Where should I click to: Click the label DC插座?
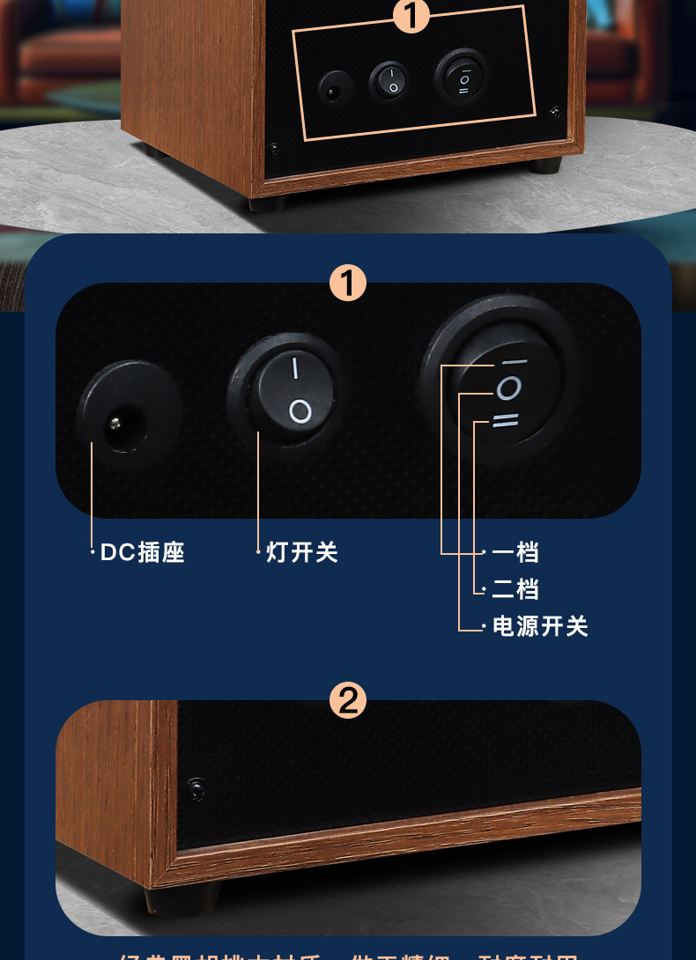coord(143,552)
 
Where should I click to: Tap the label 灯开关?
coord(302,552)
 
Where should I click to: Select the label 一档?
coord(515,552)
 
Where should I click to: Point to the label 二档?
coord(515,589)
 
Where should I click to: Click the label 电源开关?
coord(540,626)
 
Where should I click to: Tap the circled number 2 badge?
coord(347,701)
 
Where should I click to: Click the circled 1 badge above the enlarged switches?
coord(347,284)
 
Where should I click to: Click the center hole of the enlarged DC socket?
coord(115,424)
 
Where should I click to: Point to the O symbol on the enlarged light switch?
coord(300,410)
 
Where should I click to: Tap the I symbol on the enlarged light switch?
coord(295,366)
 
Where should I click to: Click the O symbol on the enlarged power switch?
coord(508,388)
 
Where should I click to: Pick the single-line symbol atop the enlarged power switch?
coord(512,361)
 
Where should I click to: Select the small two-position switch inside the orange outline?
coord(389,81)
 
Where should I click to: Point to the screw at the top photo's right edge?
coord(555,111)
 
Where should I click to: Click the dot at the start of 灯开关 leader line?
coord(259,553)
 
